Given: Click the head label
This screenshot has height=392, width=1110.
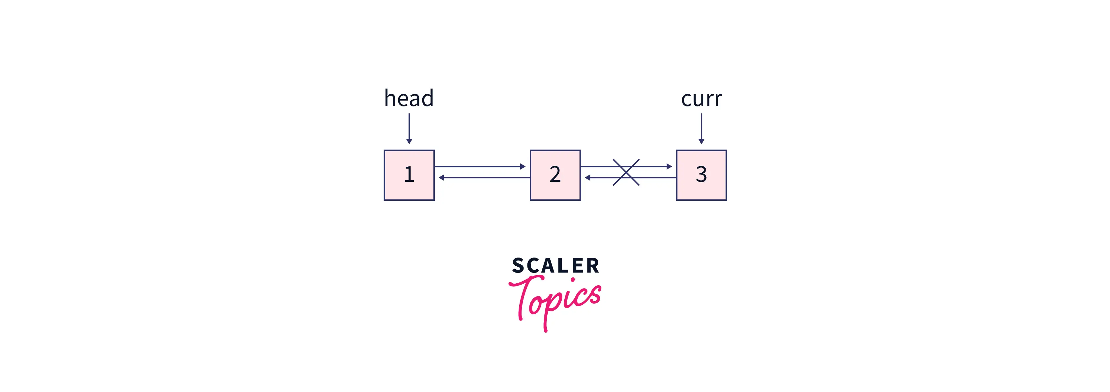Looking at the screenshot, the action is pyautogui.click(x=409, y=98).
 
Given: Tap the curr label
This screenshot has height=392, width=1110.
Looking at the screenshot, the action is pyautogui.click(x=701, y=100).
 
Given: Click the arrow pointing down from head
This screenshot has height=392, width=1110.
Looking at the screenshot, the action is pyautogui.click(x=409, y=128).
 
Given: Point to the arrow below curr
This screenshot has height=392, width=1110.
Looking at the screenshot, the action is pyautogui.click(x=701, y=128).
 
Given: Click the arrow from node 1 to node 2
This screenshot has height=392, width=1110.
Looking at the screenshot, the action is pyautogui.click(x=480, y=166).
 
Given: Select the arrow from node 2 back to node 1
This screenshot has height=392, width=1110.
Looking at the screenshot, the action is pyautogui.click(x=484, y=178).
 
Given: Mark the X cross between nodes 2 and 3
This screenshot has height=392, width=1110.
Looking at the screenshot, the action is pyautogui.click(x=626, y=172).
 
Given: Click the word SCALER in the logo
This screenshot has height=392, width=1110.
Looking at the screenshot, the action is pyautogui.click(x=555, y=265).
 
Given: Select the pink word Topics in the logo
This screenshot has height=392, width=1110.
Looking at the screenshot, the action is pyautogui.click(x=555, y=302).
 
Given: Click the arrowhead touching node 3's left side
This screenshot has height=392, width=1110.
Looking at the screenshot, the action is pyautogui.click(x=669, y=166).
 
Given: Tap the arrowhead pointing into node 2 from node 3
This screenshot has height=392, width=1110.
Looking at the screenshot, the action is pyautogui.click(x=587, y=178).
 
